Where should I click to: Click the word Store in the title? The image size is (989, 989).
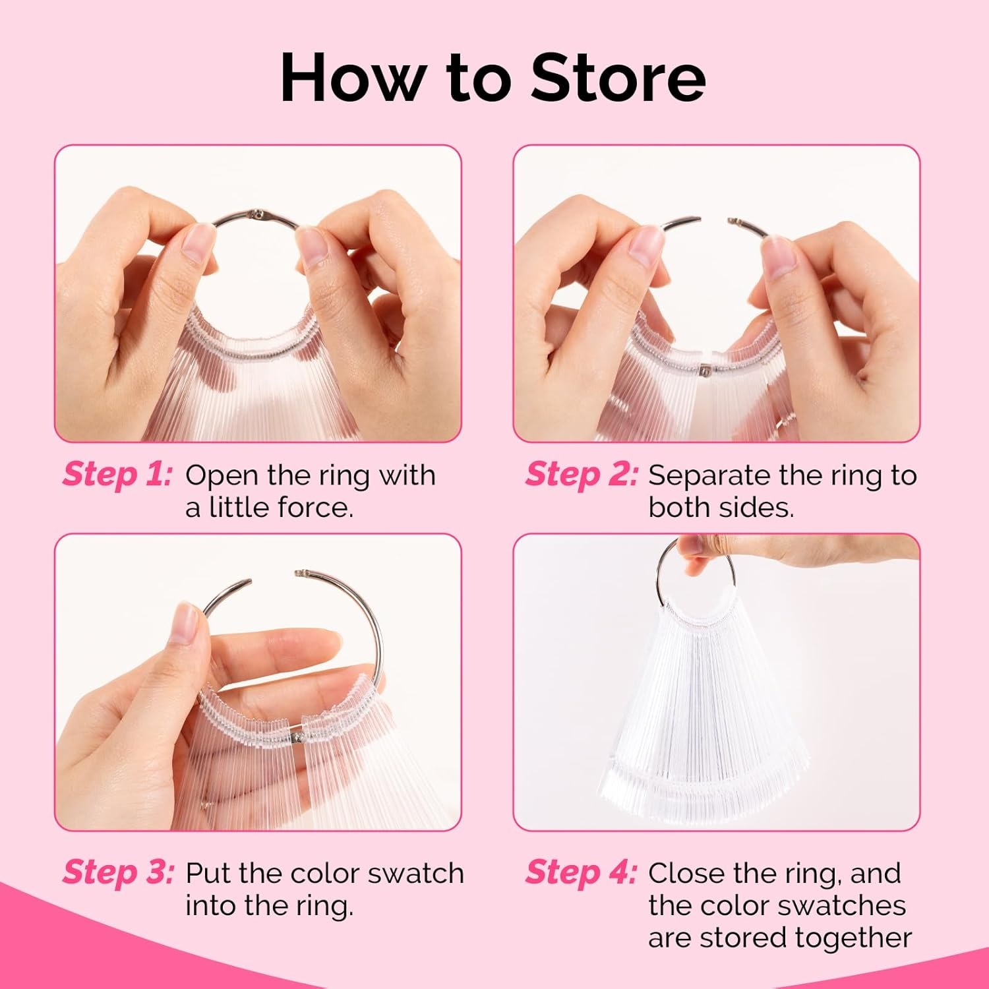(618, 77)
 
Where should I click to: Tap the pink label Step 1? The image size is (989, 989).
(117, 475)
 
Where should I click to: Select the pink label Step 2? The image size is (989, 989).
(582, 475)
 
